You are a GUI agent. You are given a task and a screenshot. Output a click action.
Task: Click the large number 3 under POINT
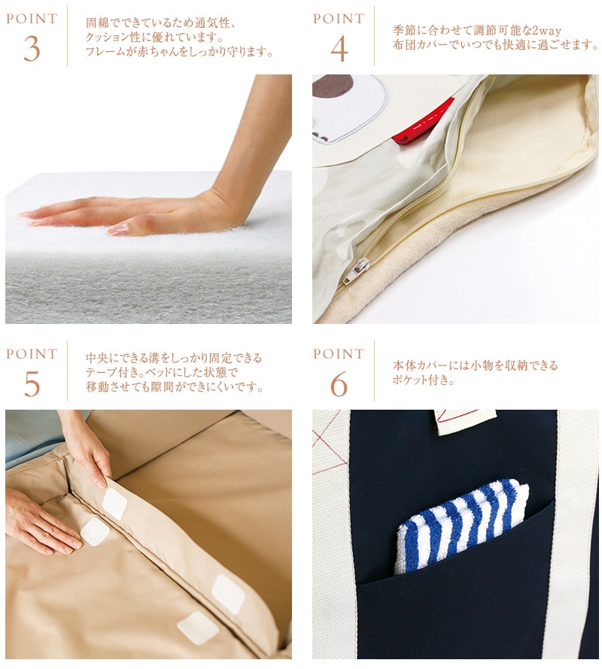pos(32,49)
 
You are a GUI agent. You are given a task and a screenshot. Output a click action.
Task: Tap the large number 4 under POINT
pos(339,49)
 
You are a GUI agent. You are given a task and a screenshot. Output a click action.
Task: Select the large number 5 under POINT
pos(32,383)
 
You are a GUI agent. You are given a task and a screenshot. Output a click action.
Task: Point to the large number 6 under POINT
pos(339,383)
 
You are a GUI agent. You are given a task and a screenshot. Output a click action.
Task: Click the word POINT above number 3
pos(32,19)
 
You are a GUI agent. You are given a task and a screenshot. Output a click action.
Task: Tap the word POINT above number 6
pos(339,354)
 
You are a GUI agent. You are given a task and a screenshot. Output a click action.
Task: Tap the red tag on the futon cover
pos(423,122)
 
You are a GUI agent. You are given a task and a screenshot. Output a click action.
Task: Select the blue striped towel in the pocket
pos(461,525)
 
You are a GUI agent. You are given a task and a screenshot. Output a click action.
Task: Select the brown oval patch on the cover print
pos(333,86)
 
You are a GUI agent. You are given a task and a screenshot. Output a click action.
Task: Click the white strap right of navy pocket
pos(572,534)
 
